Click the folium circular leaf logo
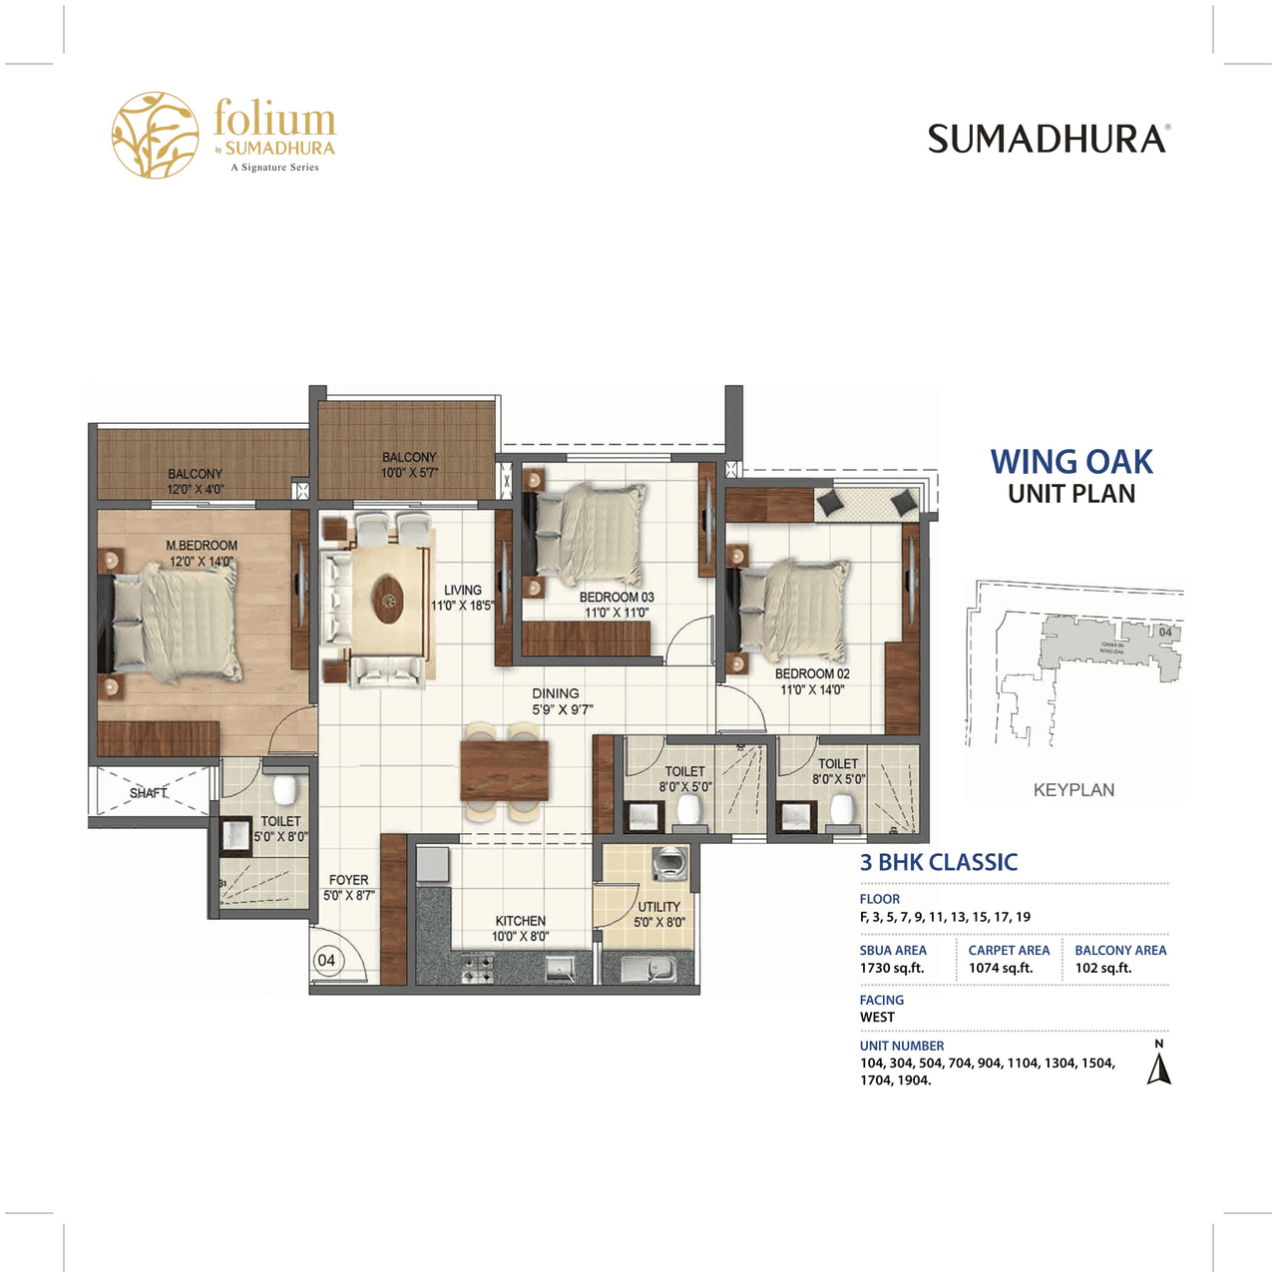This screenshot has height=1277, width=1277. [155, 136]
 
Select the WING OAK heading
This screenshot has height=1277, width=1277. [1071, 462]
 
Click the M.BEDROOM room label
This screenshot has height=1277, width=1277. [202, 546]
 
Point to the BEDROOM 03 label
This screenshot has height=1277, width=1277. [617, 598]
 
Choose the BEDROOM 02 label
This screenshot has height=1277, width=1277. [812, 674]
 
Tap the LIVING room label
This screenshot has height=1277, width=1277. [463, 591]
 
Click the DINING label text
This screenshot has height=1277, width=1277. [556, 693]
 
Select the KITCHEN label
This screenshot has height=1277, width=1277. [521, 921]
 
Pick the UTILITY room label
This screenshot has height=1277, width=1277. [659, 907]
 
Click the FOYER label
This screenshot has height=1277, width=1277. [349, 880]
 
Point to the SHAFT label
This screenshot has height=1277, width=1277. [149, 793]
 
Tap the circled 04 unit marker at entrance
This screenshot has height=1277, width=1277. [326, 961]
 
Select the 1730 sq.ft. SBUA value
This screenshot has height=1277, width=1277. [892, 968]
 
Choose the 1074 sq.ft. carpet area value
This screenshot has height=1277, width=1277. [1001, 968]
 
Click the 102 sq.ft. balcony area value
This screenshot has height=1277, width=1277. [1103, 968]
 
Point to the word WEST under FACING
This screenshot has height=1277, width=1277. [878, 1018]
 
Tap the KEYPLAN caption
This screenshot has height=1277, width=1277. [1073, 790]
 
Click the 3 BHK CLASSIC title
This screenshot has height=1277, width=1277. [939, 863]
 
